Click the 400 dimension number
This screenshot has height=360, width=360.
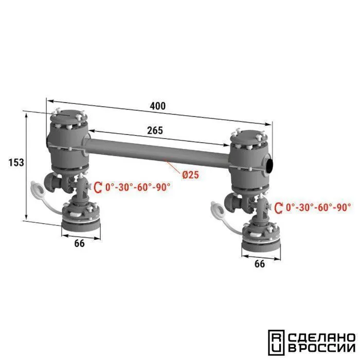[158, 106]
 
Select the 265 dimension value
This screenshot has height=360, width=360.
[155, 131]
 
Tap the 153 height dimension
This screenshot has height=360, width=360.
[16, 163]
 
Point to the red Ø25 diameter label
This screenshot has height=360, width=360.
[191, 175]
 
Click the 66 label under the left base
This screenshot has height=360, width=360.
[79, 243]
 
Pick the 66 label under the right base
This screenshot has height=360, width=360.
[260, 264]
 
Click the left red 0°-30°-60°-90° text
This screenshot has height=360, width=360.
[138, 187]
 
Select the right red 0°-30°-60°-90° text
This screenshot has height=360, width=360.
[318, 208]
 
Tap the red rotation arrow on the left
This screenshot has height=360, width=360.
[98, 187]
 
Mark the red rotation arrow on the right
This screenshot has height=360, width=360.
[279, 208]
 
